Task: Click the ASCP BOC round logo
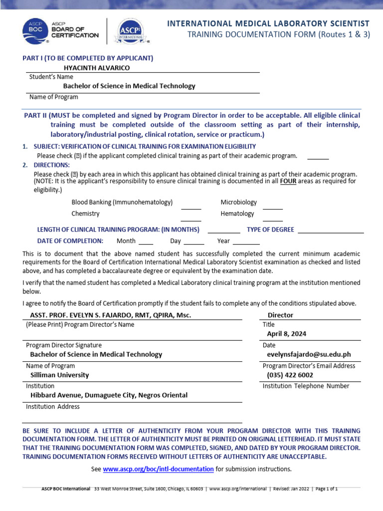pyautogui.click(x=35, y=31)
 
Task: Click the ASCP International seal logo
pyautogui.click(x=128, y=32)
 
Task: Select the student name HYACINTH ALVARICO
pyautogui.click(x=97, y=67)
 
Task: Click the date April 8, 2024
pyautogui.click(x=287, y=334)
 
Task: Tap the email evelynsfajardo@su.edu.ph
pyautogui.click(x=309, y=354)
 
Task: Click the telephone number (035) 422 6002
pyautogui.click(x=290, y=375)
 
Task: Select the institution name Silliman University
pyautogui.click(x=59, y=375)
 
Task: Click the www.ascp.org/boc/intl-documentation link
pyautogui.click(x=158, y=469)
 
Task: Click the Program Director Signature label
pyautogui.click(x=63, y=345)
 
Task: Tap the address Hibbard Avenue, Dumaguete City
pyautogui.click(x=109, y=395)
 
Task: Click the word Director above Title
pyautogui.click(x=280, y=315)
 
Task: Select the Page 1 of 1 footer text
pyautogui.click(x=325, y=489)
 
